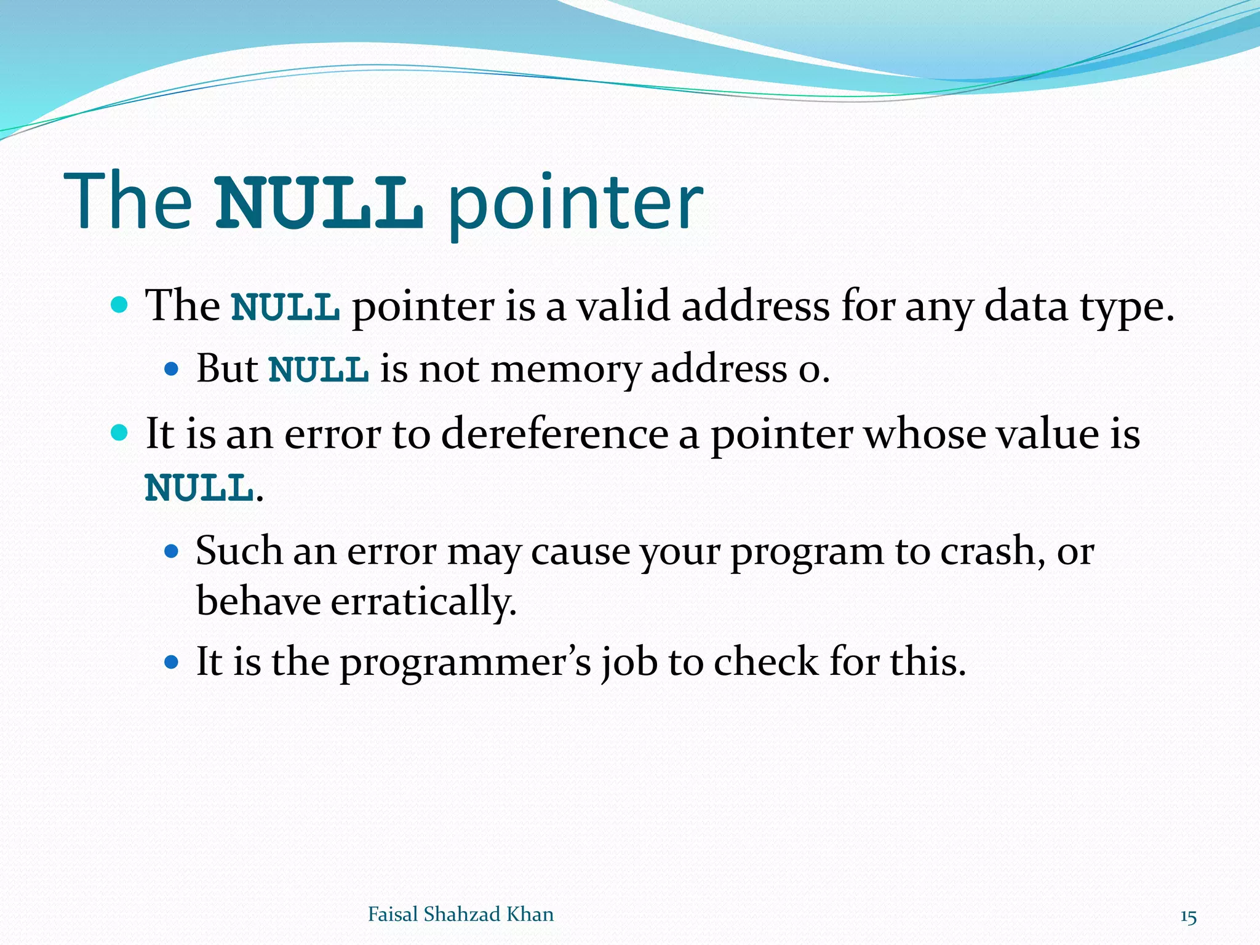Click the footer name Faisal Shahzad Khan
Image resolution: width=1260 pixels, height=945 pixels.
460,914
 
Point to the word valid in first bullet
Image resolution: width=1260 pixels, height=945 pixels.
623,306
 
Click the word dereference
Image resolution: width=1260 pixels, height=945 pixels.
554,434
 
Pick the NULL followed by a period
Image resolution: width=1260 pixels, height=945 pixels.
199,488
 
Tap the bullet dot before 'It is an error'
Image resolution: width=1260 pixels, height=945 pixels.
120,433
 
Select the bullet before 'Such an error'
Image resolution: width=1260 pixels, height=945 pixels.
172,551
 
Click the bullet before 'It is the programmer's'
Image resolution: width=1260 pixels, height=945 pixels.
172,663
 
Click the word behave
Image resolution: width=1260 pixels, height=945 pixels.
258,601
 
